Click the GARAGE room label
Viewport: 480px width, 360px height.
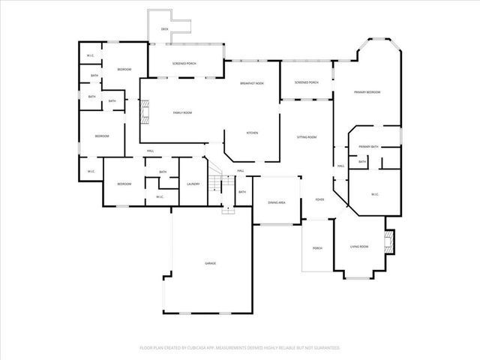point(211,263)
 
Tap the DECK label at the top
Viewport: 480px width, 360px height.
point(165,29)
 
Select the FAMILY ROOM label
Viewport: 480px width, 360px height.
point(183,112)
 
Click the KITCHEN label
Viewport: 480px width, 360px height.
point(253,133)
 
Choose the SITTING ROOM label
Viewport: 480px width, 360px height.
point(307,137)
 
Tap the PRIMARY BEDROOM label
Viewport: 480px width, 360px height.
point(367,92)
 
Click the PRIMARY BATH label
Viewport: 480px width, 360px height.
point(367,146)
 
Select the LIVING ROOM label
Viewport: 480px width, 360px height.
point(359,247)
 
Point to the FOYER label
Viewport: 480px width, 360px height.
point(319,199)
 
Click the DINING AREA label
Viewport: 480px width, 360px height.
point(277,202)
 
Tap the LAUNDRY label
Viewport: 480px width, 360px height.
point(193,184)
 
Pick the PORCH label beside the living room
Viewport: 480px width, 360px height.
point(316,247)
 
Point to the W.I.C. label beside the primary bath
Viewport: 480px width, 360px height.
point(376,195)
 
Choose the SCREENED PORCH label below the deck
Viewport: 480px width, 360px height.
point(184,64)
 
